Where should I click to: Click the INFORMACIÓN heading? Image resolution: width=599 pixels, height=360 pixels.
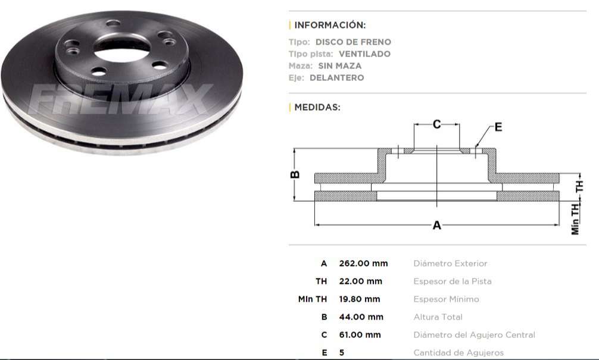330,25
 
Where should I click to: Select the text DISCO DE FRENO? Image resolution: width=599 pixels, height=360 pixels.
353,42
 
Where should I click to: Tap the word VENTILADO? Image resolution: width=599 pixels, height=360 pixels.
364,54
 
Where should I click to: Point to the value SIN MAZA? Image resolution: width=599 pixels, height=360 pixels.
340,66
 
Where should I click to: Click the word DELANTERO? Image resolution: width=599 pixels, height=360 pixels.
336,78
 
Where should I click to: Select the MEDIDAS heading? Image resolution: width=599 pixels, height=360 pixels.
317,108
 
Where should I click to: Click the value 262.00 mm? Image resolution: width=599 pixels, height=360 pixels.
363,264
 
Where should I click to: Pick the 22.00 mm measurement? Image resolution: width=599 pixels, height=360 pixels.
360,281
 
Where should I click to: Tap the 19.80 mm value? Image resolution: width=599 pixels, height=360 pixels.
360,299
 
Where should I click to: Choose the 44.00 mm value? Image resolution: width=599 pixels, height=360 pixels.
361,317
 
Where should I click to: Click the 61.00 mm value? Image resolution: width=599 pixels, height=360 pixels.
360,335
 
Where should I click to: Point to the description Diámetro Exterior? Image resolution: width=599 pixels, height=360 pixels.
450,264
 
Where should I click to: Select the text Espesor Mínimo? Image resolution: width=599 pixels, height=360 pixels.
446,299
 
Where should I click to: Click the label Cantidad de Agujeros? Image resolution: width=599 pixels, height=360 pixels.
458,353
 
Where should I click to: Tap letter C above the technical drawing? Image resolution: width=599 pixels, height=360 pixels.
436,124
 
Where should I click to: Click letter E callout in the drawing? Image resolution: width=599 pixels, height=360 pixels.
498,127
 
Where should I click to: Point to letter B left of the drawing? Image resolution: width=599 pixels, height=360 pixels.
294,175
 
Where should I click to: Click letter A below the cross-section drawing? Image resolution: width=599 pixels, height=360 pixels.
436,226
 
